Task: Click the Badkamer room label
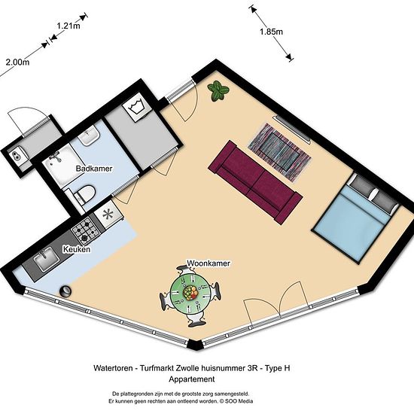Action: point(94,169)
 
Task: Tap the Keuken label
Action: point(77,249)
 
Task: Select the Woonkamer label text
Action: point(209,263)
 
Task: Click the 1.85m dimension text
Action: point(271,32)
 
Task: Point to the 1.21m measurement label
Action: point(68,26)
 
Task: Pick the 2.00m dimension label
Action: point(17,62)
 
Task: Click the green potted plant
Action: point(218,90)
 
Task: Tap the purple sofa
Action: point(255,182)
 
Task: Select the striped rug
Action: point(279,152)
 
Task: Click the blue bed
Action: point(355,218)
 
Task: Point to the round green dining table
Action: point(190,292)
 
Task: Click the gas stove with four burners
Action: point(86,231)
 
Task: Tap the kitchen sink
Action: point(47,259)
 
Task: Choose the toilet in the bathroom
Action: point(84,195)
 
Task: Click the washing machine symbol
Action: point(137,107)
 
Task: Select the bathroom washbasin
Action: point(89,135)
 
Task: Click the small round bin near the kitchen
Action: point(65,291)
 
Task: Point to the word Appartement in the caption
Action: point(192,379)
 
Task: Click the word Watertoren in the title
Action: point(113,368)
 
